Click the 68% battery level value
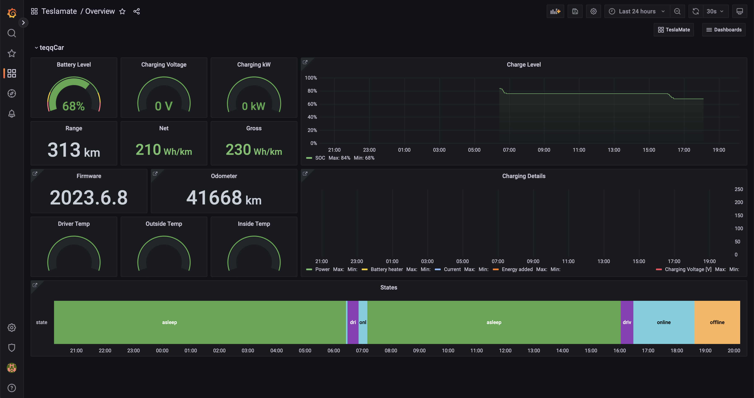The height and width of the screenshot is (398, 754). pyautogui.click(x=74, y=106)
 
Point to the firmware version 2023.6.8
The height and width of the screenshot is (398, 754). pyautogui.click(x=89, y=198)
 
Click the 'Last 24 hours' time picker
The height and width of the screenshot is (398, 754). pyautogui.click(x=637, y=11)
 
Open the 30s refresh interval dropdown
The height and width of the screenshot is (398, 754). pyautogui.click(x=714, y=11)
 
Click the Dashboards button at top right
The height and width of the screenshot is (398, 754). pyautogui.click(x=724, y=30)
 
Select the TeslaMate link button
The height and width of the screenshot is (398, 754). pyautogui.click(x=674, y=30)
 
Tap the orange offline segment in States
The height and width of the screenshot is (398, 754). pyautogui.click(x=717, y=322)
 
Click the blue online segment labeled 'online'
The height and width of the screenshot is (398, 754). pyautogui.click(x=664, y=322)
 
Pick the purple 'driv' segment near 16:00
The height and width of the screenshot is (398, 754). pyautogui.click(x=627, y=322)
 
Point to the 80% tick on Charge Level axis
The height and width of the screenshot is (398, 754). pyautogui.click(x=312, y=91)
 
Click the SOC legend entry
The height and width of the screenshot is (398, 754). pyautogui.click(x=320, y=158)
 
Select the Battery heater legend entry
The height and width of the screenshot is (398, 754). pyautogui.click(x=386, y=269)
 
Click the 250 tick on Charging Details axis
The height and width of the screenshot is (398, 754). pyautogui.click(x=739, y=189)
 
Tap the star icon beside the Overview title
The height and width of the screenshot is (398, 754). pyautogui.click(x=122, y=11)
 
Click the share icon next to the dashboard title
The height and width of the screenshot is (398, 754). pyautogui.click(x=136, y=11)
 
